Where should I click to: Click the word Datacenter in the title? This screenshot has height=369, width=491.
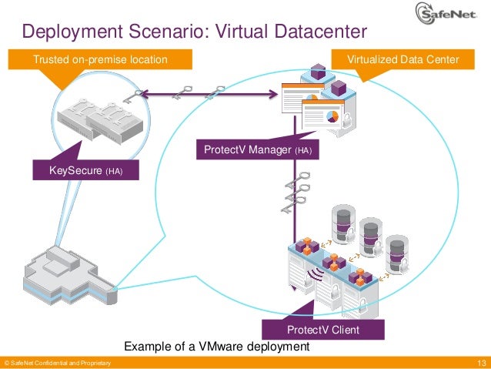pyautogui.click(x=309, y=32)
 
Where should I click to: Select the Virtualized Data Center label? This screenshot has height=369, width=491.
pyautogui.click(x=402, y=59)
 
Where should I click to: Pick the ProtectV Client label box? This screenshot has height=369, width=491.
pyautogui.click(x=323, y=330)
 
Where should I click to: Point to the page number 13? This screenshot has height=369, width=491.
pyautogui.click(x=483, y=363)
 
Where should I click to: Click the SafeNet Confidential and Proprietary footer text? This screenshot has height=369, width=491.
pyautogui.click(x=58, y=363)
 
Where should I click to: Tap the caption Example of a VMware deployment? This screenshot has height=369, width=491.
pyautogui.click(x=216, y=347)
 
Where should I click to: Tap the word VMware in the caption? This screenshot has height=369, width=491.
pyautogui.click(x=216, y=347)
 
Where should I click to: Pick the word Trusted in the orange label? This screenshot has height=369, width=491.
pyautogui.click(x=50, y=59)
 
